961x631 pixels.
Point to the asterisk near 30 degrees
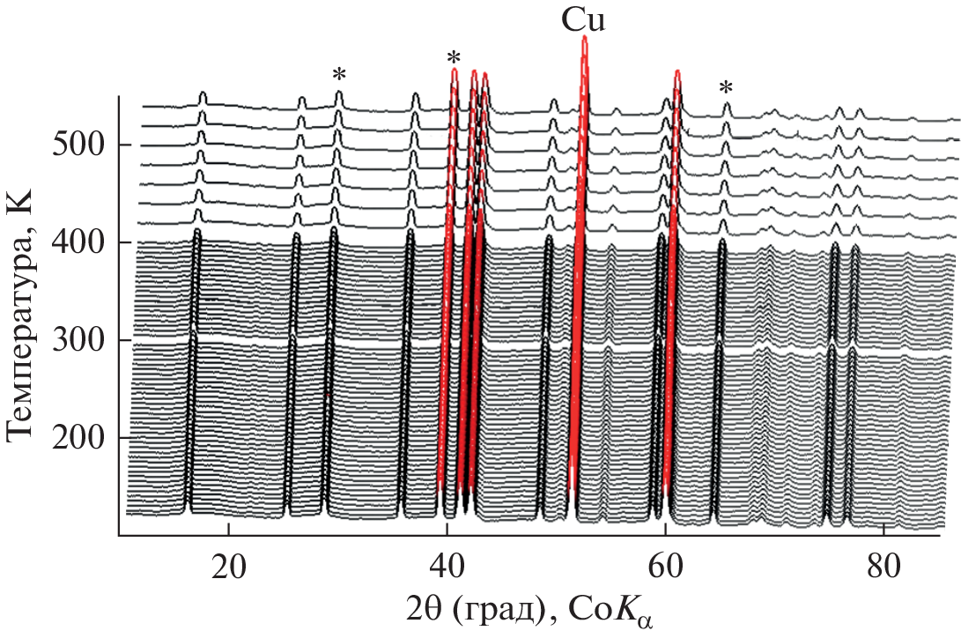339,75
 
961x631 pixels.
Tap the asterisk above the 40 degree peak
454,59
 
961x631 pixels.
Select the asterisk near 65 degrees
725,88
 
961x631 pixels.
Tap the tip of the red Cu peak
584,38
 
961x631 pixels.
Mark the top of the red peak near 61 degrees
677,71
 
